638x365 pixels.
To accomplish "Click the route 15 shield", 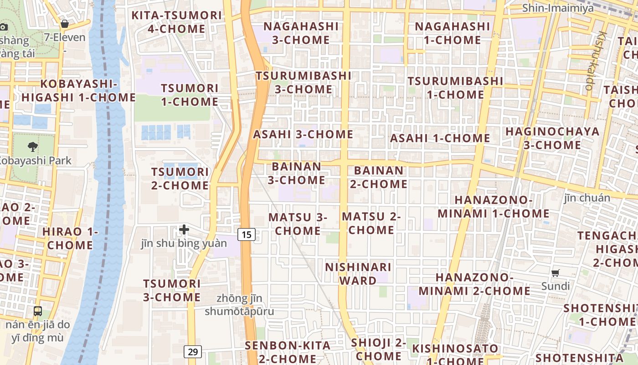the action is pos(247,235).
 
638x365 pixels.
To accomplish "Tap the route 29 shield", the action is pos(193,352).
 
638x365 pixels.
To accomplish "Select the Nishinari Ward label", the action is pos(358,274).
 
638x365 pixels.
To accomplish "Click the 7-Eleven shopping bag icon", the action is pos(65,24).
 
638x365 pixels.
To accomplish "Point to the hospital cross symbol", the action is pos(184,229).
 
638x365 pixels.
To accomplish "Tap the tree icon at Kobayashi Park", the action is pos(33,147).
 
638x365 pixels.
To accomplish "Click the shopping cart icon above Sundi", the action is pos(555,273).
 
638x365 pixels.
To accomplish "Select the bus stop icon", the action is pos(38,311).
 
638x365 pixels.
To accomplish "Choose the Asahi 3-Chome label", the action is pos(303,135).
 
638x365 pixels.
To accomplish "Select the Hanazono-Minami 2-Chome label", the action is pos(474,284).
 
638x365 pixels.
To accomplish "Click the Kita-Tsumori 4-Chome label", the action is pos(176,22).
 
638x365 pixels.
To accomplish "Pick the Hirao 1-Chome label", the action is pos(70,238).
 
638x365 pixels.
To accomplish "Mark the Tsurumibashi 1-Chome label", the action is pos(455,88).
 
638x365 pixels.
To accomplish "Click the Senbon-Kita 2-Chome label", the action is pos(288,351).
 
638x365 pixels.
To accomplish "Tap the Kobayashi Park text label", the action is pos(35,161).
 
